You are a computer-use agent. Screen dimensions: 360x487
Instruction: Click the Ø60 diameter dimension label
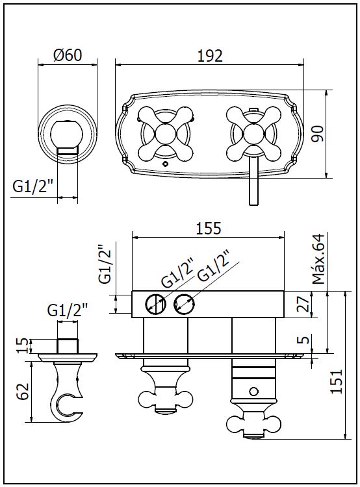coord(68,55)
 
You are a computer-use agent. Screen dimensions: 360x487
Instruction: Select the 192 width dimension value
coord(210,56)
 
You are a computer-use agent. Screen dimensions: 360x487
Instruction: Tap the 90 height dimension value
coord(318,134)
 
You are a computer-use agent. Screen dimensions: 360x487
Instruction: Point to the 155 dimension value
coord(209,229)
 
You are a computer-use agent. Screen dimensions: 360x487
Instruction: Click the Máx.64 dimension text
coord(318,258)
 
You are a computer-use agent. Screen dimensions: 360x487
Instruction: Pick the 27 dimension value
coord(303,305)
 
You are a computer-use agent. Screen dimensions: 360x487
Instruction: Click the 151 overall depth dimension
coord(336,381)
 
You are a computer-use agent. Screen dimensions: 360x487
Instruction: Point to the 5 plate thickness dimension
coord(305,339)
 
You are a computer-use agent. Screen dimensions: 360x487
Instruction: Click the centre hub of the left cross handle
coord(165,134)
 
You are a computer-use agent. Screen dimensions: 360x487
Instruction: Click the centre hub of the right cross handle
coord(254,134)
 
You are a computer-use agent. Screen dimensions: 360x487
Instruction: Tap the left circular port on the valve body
coord(155,304)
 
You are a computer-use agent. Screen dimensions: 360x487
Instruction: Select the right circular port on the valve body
coord(185,304)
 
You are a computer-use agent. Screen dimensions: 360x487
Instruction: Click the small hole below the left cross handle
coord(165,164)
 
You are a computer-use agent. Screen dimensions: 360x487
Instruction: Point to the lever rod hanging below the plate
coord(254,180)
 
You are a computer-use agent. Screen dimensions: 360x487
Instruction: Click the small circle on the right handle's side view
coord(254,392)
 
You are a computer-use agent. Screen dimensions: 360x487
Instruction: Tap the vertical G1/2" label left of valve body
coord(105,264)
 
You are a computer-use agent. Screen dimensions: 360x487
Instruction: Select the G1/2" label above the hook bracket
coord(68,310)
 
